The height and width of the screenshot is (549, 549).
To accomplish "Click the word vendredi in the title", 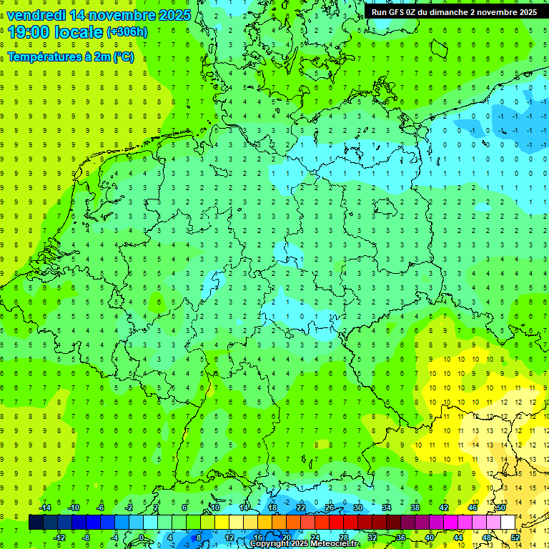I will (x=36, y=15).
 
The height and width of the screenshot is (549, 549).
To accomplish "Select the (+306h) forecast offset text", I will (x=127, y=32).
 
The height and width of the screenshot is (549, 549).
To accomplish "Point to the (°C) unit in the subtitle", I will (x=123, y=57).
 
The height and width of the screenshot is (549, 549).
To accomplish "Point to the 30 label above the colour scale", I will (x=358, y=508).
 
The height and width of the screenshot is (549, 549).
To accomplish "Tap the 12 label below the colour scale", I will (x=229, y=538).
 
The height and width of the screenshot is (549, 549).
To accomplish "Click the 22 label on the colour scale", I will (x=301, y=508).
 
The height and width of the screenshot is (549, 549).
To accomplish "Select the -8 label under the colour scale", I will (x=86, y=538).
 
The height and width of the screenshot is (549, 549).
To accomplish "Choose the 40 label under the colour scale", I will (x=430, y=538).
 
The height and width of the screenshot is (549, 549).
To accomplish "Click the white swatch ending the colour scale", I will (x=508, y=523).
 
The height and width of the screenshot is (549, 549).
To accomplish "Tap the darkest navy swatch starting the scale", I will (x=36, y=523).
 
